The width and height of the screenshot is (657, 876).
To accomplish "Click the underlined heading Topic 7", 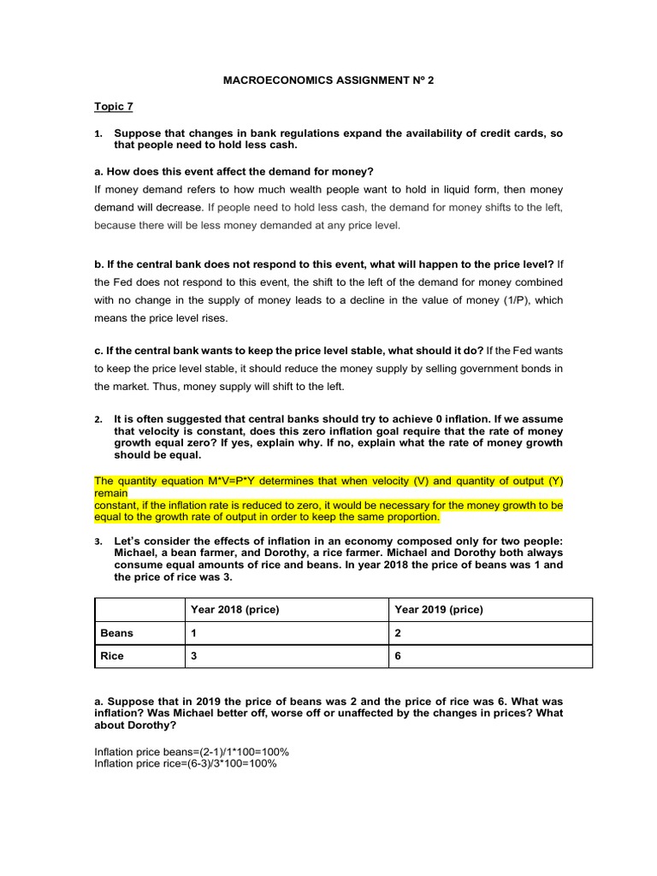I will pyautogui.click(x=113, y=107).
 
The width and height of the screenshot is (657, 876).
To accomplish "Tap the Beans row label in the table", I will pyautogui.click(x=117, y=633).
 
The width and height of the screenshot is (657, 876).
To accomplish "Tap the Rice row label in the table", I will pyautogui.click(x=112, y=656).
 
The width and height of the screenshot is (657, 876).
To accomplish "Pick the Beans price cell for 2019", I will pyautogui.click(x=398, y=633).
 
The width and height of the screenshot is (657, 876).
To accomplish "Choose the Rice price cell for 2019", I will pyautogui.click(x=398, y=656).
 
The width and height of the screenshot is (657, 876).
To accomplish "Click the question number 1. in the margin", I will pyautogui.click(x=98, y=133).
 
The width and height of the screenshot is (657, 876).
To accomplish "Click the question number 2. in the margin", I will pyautogui.click(x=98, y=419).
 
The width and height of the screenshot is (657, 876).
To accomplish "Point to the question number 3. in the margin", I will pyautogui.click(x=98, y=542).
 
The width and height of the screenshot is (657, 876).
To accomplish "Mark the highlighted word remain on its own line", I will pyautogui.click(x=111, y=493).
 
